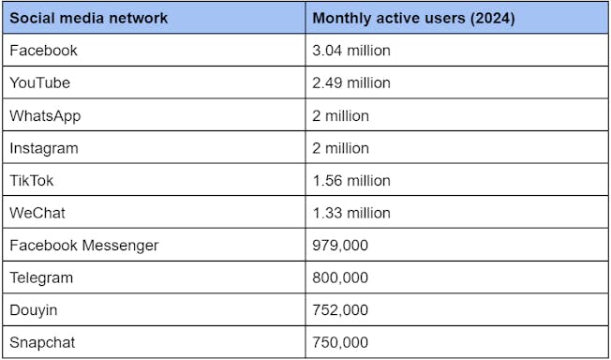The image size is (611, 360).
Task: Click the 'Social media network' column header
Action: click(88, 18)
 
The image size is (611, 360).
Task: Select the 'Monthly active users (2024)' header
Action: click(413, 19)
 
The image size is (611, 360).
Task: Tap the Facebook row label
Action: click(43, 51)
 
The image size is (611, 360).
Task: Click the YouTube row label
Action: click(39, 82)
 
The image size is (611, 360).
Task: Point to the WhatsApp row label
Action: click(45, 116)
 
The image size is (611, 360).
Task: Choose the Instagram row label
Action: click(44, 149)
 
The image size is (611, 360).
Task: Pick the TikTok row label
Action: click(31, 181)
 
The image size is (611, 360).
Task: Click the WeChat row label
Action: click(37, 213)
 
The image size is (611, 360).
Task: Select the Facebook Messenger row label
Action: click(83, 246)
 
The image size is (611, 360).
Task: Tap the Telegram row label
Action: click(41, 278)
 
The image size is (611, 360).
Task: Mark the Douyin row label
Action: click(33, 310)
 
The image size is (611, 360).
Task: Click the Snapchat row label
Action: click(42, 343)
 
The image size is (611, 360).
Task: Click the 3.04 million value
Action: click(351, 51)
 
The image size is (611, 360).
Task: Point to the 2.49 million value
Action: click(351, 82)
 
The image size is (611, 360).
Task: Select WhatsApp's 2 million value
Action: click(340, 116)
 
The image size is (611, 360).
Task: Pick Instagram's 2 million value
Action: click(340, 148)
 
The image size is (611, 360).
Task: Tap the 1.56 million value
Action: click(351, 181)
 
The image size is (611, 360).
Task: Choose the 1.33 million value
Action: click(351, 213)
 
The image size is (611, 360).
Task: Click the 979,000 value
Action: click(340, 246)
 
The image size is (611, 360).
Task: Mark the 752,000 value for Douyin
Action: click(340, 310)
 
